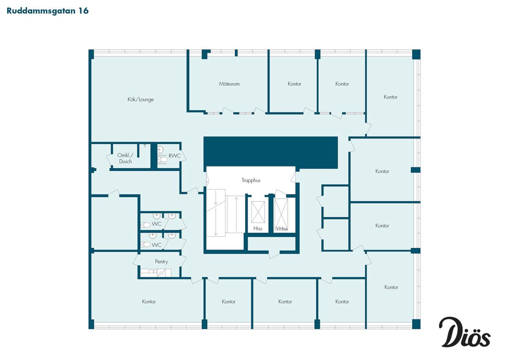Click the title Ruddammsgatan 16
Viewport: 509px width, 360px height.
(x=48, y=11)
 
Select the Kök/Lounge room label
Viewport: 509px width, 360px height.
(x=141, y=99)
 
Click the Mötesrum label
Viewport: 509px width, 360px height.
(x=229, y=84)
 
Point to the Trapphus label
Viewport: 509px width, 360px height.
(x=251, y=180)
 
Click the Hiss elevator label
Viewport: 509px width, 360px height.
(x=258, y=229)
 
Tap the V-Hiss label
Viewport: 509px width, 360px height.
(x=281, y=229)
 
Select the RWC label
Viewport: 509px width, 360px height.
(x=174, y=156)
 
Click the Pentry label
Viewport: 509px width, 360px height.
(x=161, y=262)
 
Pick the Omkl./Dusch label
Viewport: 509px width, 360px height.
(x=126, y=159)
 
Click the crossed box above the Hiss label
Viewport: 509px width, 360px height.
(x=258, y=212)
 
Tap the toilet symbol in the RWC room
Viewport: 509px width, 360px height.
(x=162, y=160)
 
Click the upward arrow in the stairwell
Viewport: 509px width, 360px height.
(x=236, y=214)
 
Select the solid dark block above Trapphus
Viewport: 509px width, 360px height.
(x=270, y=152)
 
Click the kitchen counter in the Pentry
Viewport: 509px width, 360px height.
(x=156, y=273)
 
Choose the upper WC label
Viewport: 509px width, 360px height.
(x=156, y=224)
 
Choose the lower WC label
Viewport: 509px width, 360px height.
(x=156, y=245)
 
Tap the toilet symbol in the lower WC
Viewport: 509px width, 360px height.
(x=146, y=244)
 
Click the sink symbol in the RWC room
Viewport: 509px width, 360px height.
(x=160, y=149)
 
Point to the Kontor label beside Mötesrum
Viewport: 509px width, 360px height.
(x=295, y=84)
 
